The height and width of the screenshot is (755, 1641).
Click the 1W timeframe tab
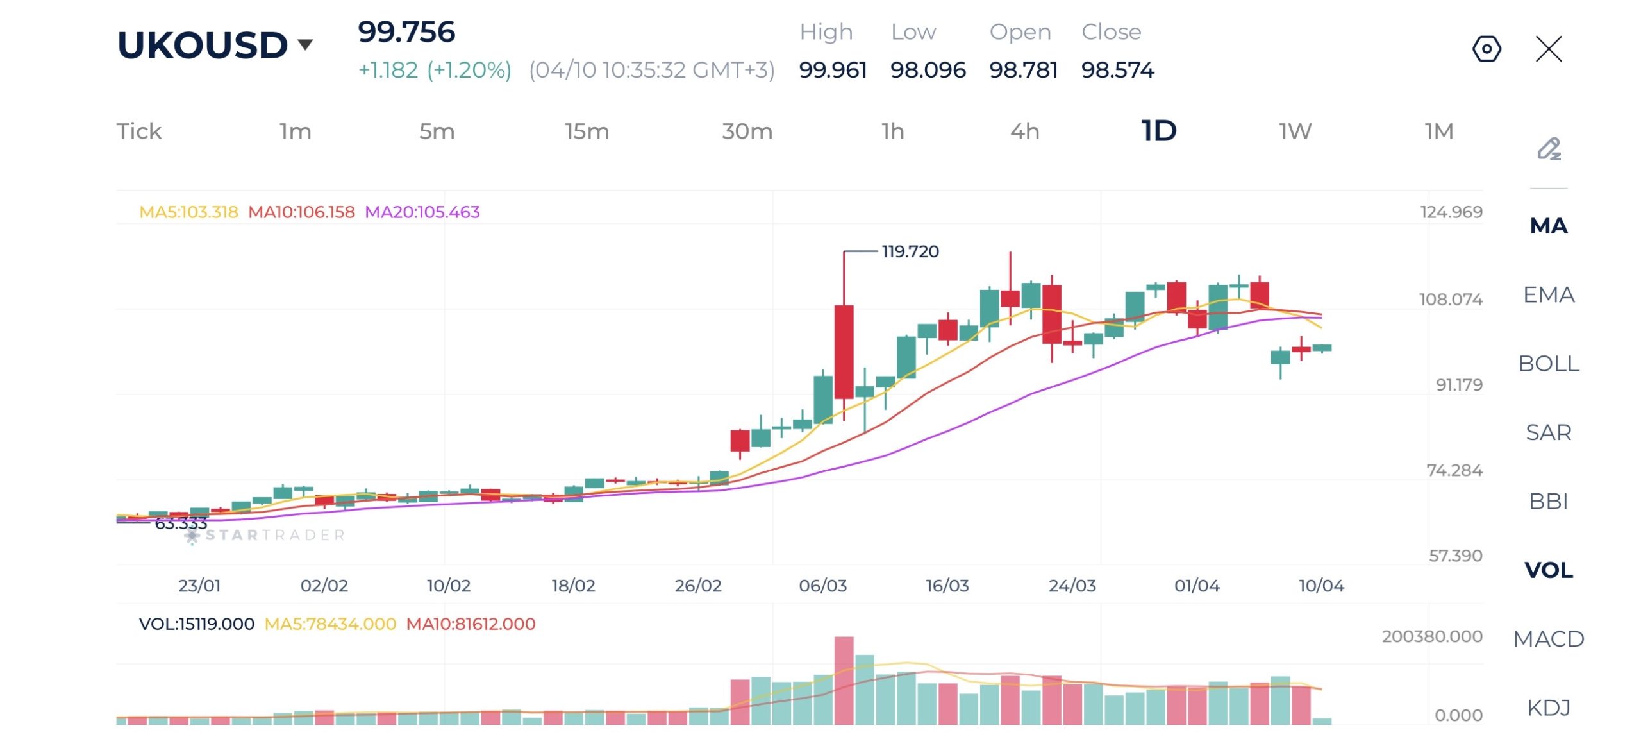point(1295,131)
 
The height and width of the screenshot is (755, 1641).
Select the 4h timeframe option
point(1024,131)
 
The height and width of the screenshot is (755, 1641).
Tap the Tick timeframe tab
point(138,131)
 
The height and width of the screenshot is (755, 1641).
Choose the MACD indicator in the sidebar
point(1548,639)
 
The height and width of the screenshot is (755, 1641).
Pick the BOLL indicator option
point(1548,364)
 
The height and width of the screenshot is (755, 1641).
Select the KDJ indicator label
point(1548,708)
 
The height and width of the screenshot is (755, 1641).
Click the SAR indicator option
point(1548,432)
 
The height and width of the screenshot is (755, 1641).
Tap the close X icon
point(1549,49)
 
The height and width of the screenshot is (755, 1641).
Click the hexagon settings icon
point(1487,49)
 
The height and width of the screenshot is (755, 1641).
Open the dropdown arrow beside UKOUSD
point(306,44)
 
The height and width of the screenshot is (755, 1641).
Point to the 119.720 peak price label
point(910,251)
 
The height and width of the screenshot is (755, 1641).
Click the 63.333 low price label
point(181,524)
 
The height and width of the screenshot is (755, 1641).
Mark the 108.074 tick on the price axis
point(1451,300)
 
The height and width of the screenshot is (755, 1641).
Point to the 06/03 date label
point(822,586)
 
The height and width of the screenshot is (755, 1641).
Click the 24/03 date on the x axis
point(1072,586)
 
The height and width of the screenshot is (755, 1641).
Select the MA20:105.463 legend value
point(422,212)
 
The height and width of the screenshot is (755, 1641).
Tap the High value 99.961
point(833,70)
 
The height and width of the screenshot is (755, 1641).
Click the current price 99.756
point(406,32)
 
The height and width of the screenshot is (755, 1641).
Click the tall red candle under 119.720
point(844,352)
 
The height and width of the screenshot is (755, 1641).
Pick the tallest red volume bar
point(844,680)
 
